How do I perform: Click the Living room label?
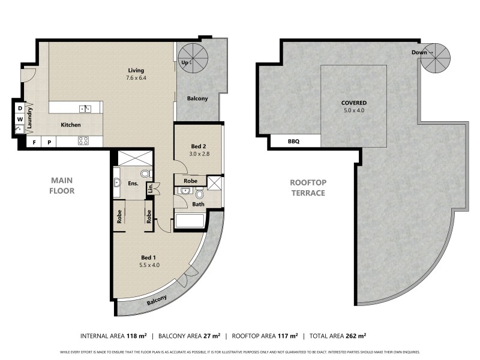tap(136, 70)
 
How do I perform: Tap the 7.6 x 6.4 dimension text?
tap(136, 78)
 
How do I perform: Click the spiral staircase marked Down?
tap(435, 58)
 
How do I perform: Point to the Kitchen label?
tap(70, 125)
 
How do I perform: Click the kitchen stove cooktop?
tap(84, 142)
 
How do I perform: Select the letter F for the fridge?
tap(34, 142)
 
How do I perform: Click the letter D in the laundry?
tap(19, 108)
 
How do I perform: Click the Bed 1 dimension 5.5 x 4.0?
tap(149, 265)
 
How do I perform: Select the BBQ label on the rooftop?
tap(293, 142)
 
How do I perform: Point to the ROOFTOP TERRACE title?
tap(307, 188)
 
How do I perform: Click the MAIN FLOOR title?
tap(62, 185)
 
